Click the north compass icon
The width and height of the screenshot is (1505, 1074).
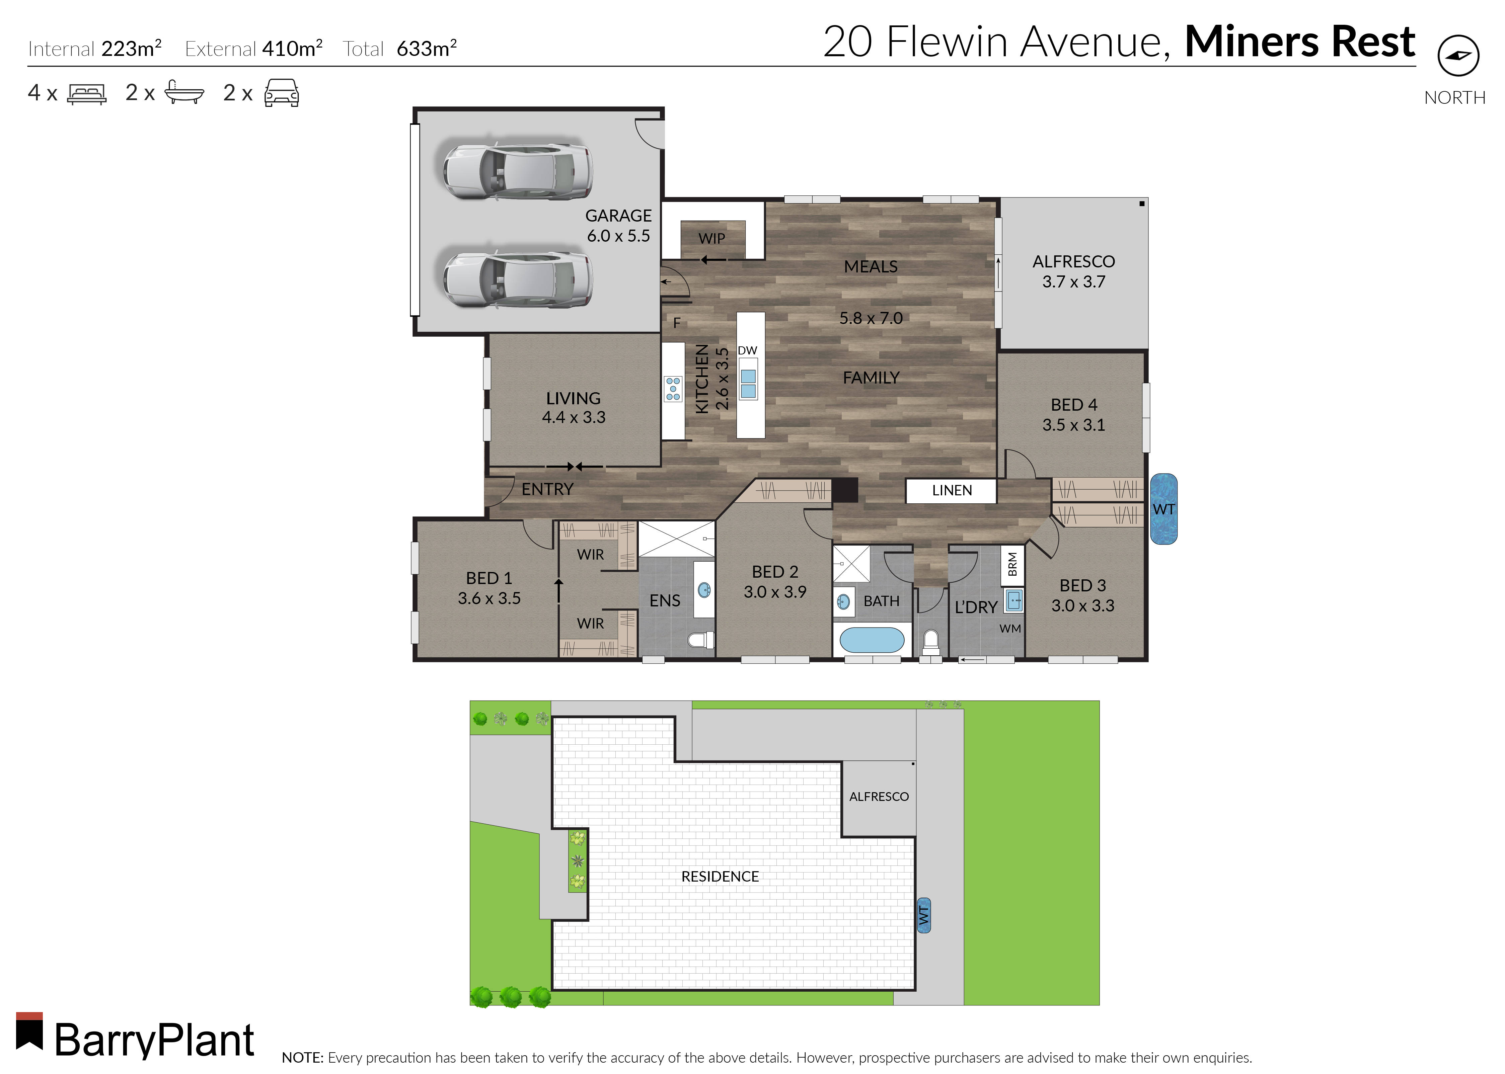coord(1458,56)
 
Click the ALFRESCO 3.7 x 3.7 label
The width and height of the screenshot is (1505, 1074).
coord(1073,271)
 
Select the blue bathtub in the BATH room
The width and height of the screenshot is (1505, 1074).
coord(871,640)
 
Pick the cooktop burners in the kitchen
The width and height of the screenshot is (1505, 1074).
coord(673,389)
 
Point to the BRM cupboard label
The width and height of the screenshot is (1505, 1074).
coord(1012,564)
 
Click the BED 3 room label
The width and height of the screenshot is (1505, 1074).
coord(1082,595)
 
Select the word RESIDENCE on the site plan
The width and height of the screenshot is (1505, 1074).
coord(720,876)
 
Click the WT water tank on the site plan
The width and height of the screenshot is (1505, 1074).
coord(923,915)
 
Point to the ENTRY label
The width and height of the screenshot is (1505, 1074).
coord(547,489)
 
